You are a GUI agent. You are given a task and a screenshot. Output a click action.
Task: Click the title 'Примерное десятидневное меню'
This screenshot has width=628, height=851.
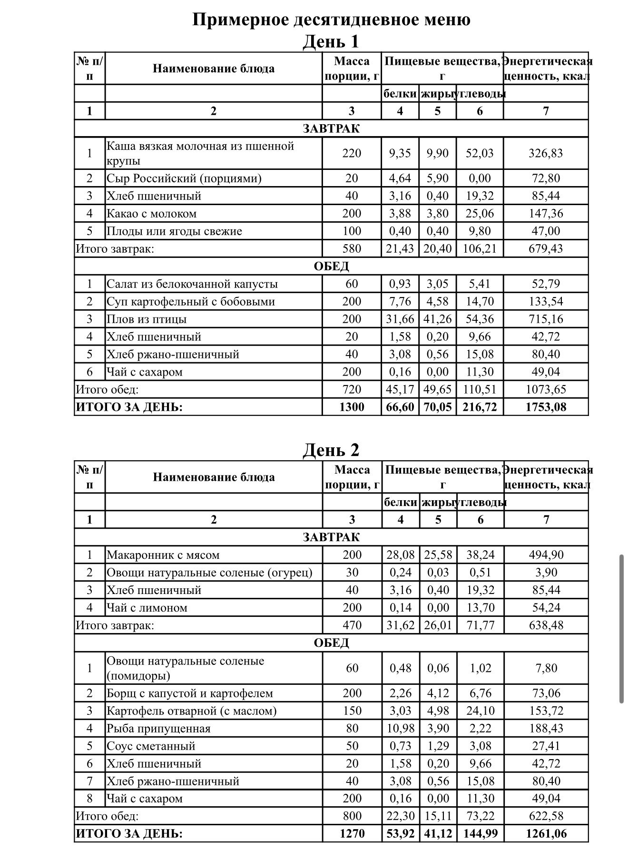click(x=331, y=20)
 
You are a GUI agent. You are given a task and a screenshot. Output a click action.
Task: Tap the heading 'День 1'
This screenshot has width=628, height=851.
click(x=331, y=41)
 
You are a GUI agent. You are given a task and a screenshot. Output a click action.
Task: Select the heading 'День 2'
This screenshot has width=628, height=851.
click(x=331, y=450)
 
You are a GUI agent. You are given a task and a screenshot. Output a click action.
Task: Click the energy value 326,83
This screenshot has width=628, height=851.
click(x=546, y=153)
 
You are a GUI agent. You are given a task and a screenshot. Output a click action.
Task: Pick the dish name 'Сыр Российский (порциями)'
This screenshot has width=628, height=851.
click(x=184, y=178)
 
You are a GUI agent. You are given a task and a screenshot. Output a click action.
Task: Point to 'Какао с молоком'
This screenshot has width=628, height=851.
click(x=151, y=214)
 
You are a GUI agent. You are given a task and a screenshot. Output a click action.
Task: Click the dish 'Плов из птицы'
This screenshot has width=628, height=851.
click(x=147, y=319)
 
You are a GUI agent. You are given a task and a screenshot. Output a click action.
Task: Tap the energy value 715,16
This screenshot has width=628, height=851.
click(x=546, y=319)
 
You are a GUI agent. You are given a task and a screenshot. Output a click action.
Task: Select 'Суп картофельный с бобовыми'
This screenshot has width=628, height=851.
click(x=190, y=302)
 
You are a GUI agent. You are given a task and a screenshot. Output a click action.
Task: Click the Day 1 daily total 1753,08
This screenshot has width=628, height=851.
click(x=546, y=407)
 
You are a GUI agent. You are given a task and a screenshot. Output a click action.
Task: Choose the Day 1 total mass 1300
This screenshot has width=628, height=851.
click(x=352, y=407)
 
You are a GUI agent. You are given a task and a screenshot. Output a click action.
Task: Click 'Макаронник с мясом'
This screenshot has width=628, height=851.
click(x=163, y=555)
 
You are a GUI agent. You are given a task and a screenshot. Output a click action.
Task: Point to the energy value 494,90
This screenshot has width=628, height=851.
click(x=546, y=555)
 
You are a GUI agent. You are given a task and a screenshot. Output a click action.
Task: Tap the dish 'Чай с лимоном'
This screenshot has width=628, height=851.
click(x=147, y=608)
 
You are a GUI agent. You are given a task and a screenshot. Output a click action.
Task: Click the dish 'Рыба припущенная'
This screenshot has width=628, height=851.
click(x=158, y=729)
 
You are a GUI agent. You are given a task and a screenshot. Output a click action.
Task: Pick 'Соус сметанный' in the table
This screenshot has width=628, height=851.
click(x=151, y=746)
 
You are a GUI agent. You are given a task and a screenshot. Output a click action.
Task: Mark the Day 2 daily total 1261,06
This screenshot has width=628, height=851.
click(x=546, y=834)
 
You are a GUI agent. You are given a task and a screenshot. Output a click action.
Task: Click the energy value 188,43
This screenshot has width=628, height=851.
click(x=546, y=729)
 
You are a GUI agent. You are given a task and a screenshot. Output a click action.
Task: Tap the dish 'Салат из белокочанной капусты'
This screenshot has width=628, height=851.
click(x=192, y=284)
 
